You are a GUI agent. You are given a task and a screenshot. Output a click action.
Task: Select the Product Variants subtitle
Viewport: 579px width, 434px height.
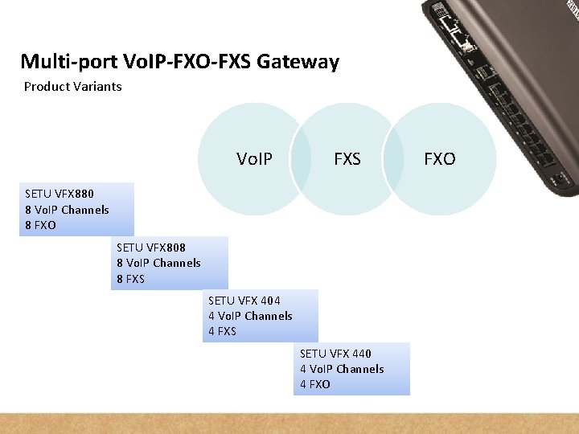click(x=72, y=86)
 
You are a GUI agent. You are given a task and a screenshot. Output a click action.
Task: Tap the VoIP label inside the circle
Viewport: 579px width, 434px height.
click(x=254, y=159)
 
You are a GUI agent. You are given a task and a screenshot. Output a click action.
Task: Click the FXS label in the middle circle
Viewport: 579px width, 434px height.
click(x=347, y=159)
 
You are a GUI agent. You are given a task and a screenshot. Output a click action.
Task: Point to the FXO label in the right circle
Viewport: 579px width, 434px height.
click(x=439, y=159)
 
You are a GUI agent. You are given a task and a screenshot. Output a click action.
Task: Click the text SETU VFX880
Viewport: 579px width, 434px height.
click(x=60, y=194)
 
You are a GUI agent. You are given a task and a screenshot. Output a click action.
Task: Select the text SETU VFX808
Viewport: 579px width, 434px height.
click(x=151, y=248)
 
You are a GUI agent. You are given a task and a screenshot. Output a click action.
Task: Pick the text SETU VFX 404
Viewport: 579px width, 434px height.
click(x=244, y=301)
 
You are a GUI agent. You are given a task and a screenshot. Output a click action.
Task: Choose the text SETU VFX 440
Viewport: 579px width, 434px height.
click(x=335, y=354)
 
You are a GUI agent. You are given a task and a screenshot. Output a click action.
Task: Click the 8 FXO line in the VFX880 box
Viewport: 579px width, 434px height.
click(x=41, y=225)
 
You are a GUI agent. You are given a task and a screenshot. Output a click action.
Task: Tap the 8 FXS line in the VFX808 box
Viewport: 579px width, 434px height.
click(x=131, y=279)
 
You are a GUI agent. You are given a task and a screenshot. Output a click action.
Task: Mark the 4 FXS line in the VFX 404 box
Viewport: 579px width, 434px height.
click(x=223, y=331)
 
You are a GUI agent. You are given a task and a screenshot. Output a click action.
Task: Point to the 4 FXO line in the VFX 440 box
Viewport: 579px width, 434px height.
click(x=315, y=384)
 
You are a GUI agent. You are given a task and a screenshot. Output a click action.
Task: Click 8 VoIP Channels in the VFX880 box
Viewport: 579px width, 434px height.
click(x=67, y=210)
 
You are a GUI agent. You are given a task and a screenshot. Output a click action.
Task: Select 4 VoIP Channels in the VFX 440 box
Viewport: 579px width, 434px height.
click(x=342, y=369)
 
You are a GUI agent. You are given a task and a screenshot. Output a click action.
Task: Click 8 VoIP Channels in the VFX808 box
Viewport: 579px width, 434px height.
click(x=158, y=263)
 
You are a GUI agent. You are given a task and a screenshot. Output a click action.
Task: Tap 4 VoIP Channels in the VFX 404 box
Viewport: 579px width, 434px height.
click(x=250, y=316)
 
